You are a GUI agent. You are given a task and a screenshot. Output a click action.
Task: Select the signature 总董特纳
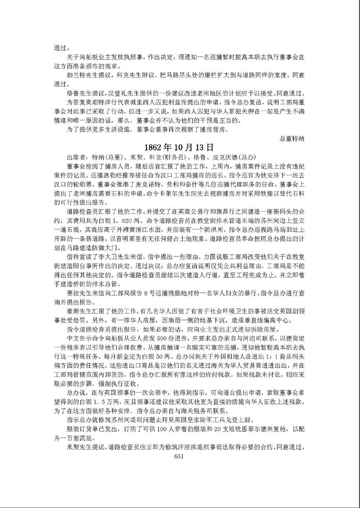[x=292, y=138]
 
